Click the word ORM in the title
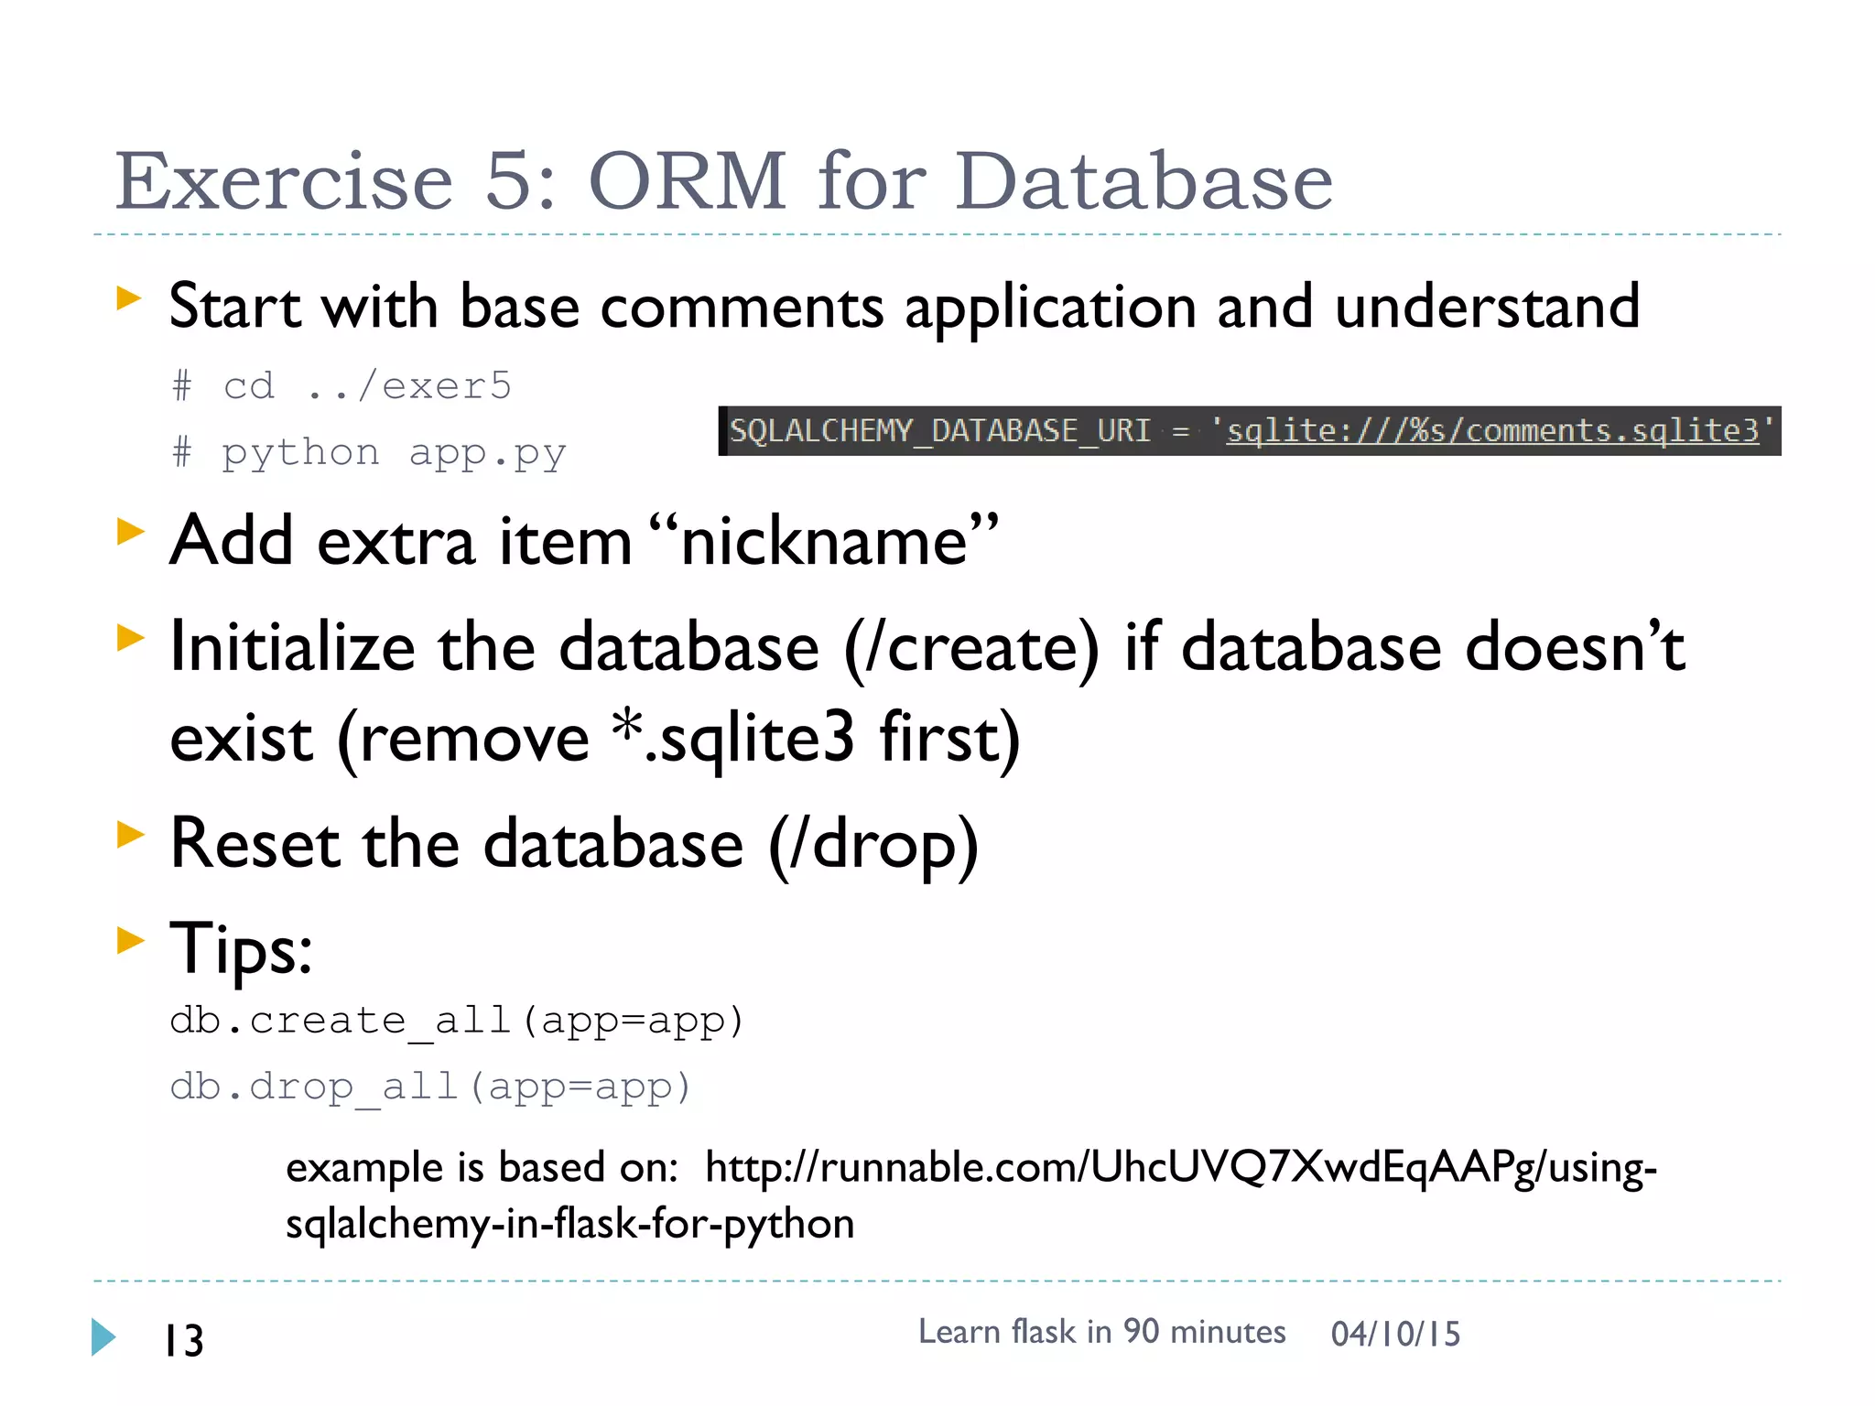[x=687, y=181]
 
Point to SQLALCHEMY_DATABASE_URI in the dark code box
[x=939, y=430]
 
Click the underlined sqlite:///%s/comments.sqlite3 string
[x=1492, y=430]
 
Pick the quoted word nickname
[x=824, y=541]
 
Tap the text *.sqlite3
[x=732, y=738]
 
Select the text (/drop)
[x=873, y=844]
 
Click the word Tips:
[x=241, y=949]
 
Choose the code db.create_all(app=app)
[x=456, y=1021]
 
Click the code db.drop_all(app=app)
[x=429, y=1087]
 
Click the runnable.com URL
[x=1180, y=1169]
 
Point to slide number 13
[x=184, y=1341]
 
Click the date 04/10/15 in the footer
[x=1395, y=1334]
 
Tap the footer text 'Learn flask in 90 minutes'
[x=1101, y=1332]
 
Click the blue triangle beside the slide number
[x=103, y=1337]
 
